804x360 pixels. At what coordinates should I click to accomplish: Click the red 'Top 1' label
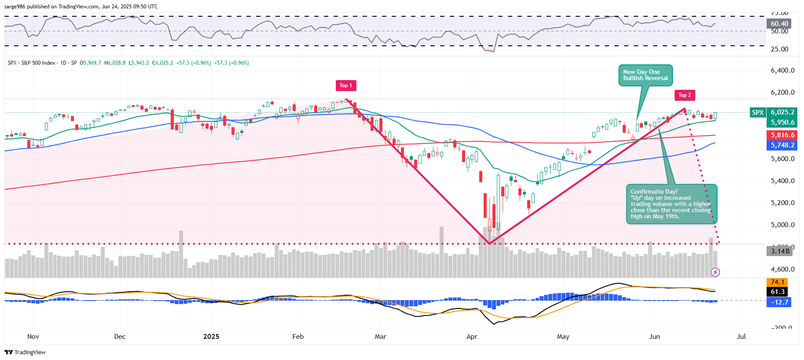(x=345, y=85)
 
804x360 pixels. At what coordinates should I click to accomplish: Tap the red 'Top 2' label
(x=684, y=95)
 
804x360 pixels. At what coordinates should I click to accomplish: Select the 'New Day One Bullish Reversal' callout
(x=645, y=75)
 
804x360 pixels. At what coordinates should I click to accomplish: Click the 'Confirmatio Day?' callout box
(x=671, y=204)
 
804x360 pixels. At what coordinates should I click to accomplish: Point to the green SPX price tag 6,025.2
(x=782, y=112)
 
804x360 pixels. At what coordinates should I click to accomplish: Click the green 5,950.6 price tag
(x=782, y=122)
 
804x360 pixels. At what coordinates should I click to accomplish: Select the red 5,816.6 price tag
(x=782, y=135)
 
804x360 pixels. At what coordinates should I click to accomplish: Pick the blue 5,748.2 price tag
(x=782, y=145)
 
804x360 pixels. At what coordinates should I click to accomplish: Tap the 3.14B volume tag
(x=780, y=251)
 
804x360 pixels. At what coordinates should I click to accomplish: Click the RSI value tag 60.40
(x=779, y=24)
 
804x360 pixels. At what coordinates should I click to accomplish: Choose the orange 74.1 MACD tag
(x=778, y=282)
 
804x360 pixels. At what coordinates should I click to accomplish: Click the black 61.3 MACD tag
(x=778, y=292)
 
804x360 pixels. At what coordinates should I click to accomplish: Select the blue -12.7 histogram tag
(x=779, y=302)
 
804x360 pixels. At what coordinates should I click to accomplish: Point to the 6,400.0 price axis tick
(x=782, y=70)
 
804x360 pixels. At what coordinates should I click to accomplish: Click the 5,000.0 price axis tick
(x=782, y=225)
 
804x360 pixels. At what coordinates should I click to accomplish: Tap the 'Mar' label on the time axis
(x=380, y=337)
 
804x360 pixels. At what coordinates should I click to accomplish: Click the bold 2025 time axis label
(x=211, y=337)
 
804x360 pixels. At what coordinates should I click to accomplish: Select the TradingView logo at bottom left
(x=25, y=352)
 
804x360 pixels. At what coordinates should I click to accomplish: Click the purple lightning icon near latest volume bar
(x=715, y=272)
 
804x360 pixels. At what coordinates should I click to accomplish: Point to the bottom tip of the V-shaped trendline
(x=489, y=243)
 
